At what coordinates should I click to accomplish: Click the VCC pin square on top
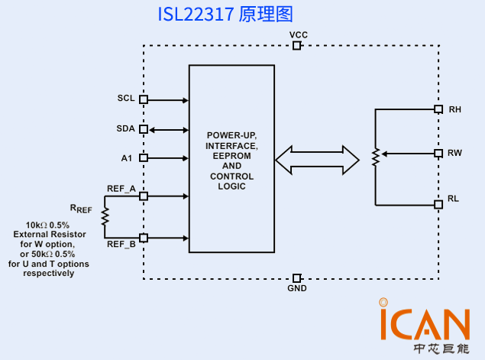pos(297,46)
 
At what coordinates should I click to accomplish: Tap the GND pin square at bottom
pos(297,277)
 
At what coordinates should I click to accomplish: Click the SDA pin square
pos(143,129)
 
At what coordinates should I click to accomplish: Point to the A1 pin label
pos(127,158)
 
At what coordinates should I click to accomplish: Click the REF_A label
pos(121,188)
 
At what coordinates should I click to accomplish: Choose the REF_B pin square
pos(143,238)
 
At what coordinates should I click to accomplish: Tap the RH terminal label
pos(455,109)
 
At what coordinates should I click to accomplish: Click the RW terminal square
pos(438,153)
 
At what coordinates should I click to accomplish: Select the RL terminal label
pos(454,199)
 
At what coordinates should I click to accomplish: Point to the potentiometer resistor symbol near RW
pos(376,157)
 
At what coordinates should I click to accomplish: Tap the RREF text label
pos(81,208)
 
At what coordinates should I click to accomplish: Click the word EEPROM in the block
pos(231,155)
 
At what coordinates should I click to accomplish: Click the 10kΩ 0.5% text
pos(47,225)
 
